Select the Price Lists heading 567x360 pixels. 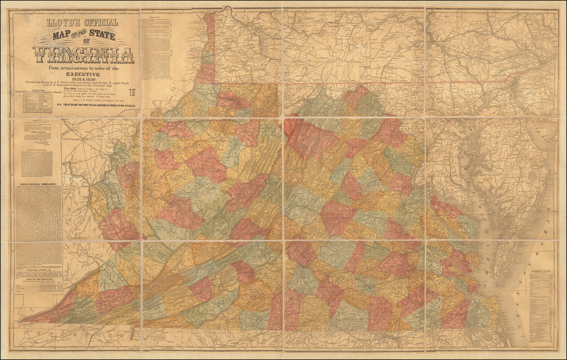pos(70,88)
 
